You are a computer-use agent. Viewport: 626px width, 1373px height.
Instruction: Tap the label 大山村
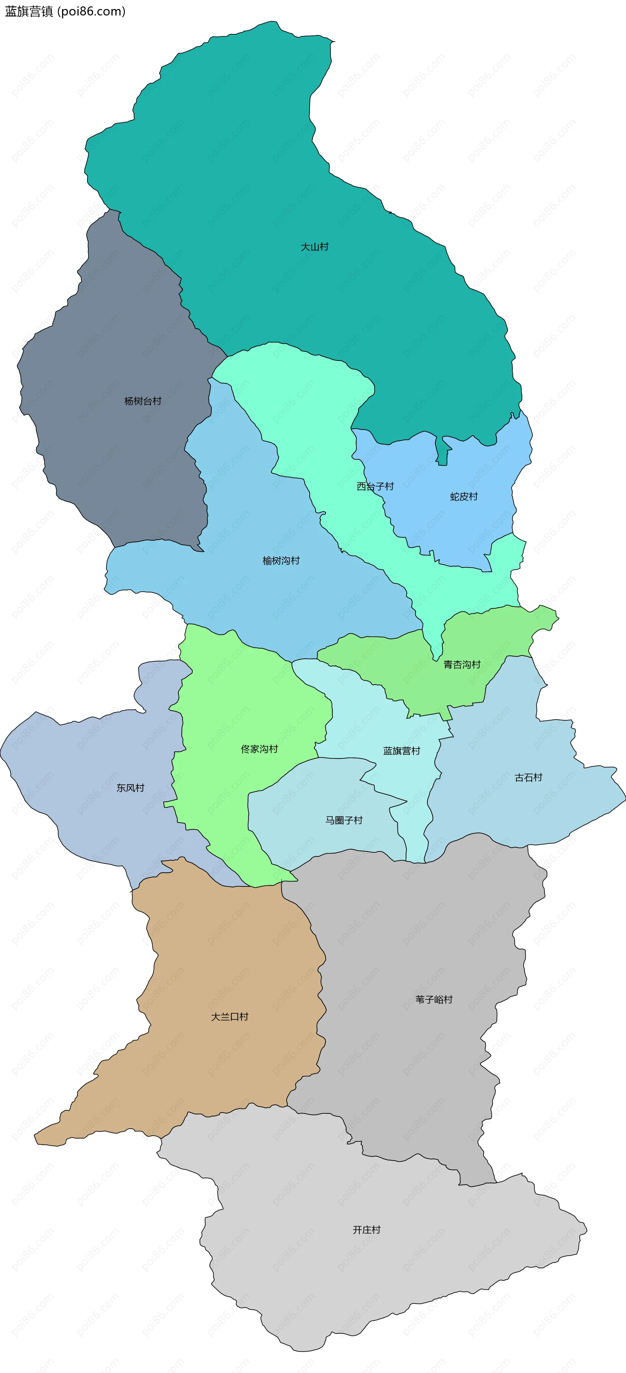(314, 247)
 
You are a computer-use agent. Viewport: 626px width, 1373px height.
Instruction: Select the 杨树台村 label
(143, 401)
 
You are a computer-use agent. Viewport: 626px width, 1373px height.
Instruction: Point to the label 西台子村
(375, 486)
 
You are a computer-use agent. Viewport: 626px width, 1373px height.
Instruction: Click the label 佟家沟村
(260, 749)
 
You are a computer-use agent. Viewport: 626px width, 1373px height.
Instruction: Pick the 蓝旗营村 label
(402, 751)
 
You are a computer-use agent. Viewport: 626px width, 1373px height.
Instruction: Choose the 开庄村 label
(366, 1229)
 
